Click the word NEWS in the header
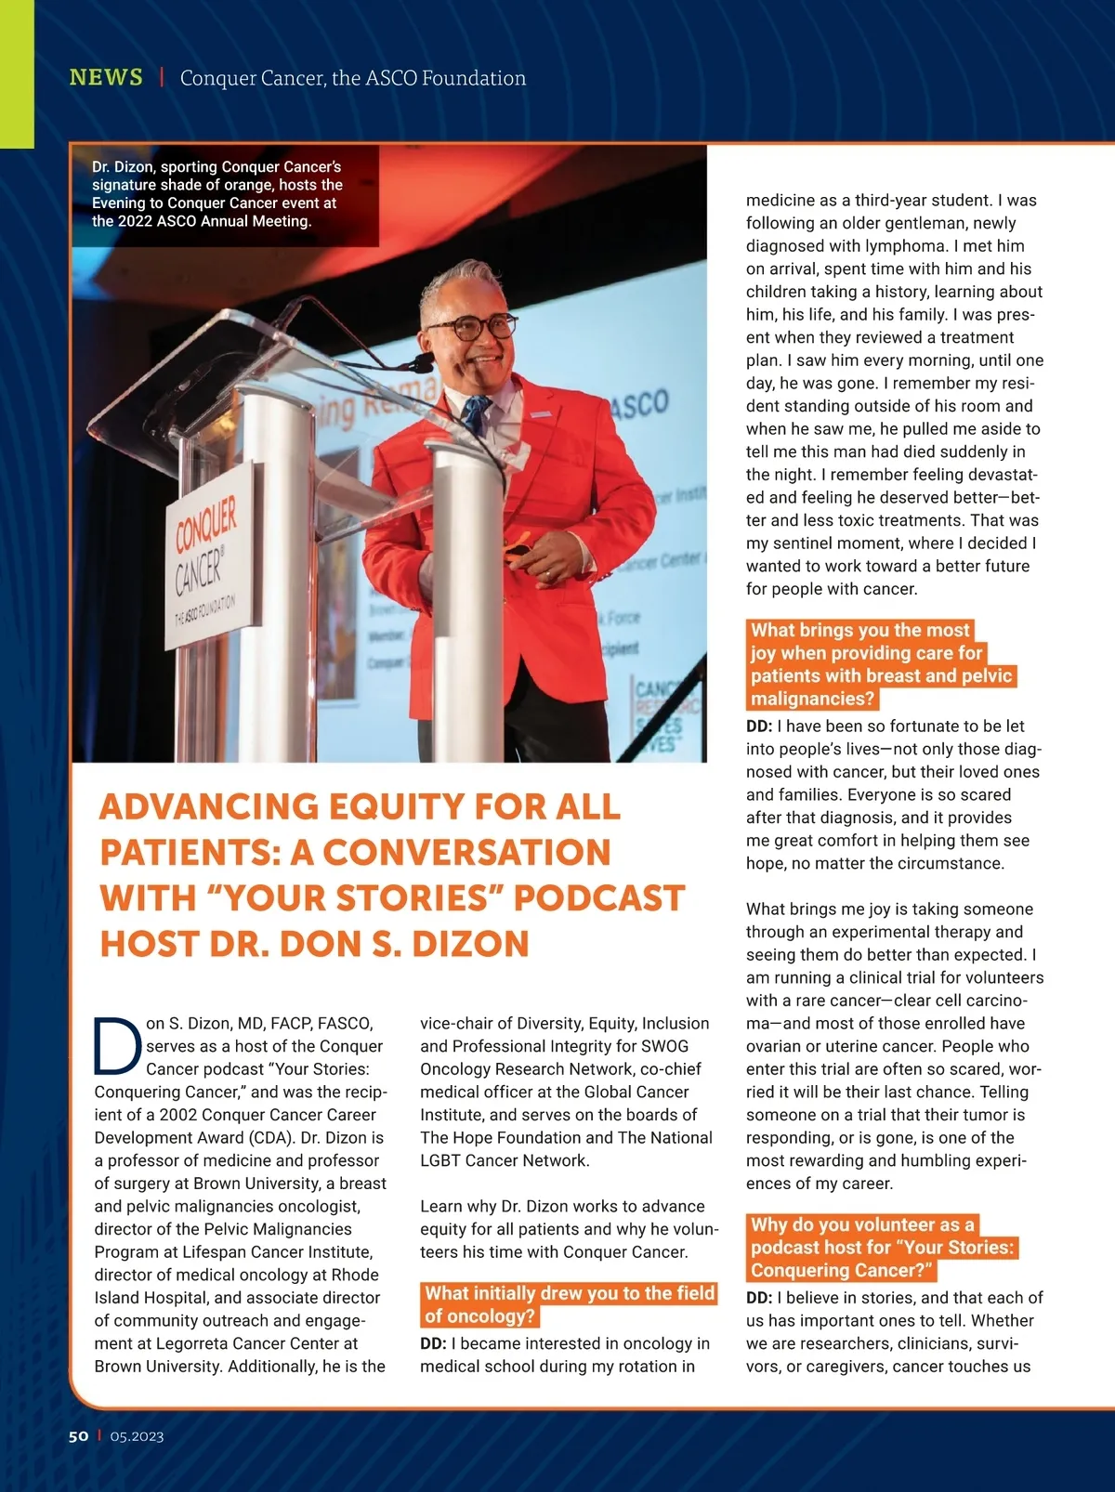click(x=106, y=77)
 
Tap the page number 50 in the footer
click(x=78, y=1435)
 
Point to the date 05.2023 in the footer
click(x=137, y=1436)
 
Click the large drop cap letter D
click(x=117, y=1045)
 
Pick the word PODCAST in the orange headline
click(x=598, y=898)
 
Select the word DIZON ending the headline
click(x=470, y=944)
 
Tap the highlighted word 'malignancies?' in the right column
click(x=811, y=699)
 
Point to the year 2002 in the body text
click(x=178, y=1115)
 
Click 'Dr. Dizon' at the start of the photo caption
click(x=122, y=167)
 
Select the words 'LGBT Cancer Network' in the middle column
click(x=505, y=1160)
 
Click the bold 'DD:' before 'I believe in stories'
click(x=759, y=1298)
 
